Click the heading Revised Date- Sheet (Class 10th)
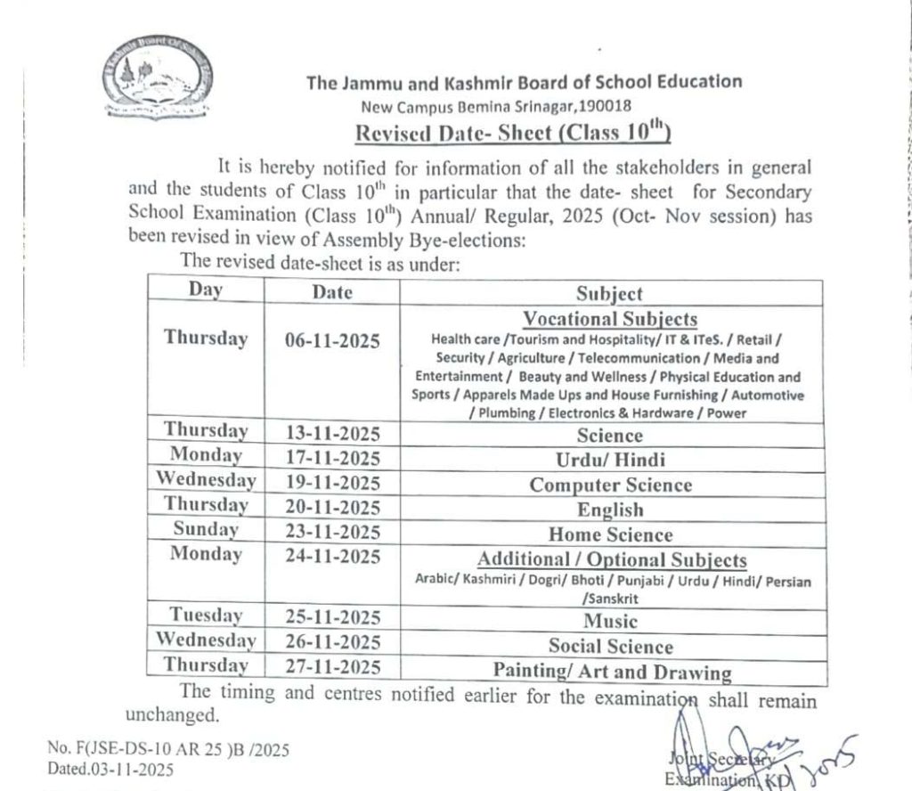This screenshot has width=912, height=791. tap(512, 134)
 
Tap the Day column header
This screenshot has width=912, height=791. tap(205, 289)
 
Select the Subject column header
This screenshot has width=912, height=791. tap(609, 293)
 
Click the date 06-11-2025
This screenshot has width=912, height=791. tap(332, 340)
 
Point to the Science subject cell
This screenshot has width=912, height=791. tap(609, 436)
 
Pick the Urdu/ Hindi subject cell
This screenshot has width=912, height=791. tap(609, 461)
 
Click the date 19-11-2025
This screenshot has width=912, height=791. tap(332, 484)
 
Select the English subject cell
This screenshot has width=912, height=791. tap(609, 510)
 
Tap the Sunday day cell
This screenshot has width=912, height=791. tap(206, 529)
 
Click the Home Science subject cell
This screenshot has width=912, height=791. tap(610, 534)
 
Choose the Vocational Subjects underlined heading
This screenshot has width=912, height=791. tap(610, 319)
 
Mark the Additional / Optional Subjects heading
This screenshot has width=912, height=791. tap(612, 560)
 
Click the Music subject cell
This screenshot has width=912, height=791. tap(610, 621)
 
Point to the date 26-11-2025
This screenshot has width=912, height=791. tap(332, 643)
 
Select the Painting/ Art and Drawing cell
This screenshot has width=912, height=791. tap(612, 672)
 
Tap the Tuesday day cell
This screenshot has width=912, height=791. tap(206, 615)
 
